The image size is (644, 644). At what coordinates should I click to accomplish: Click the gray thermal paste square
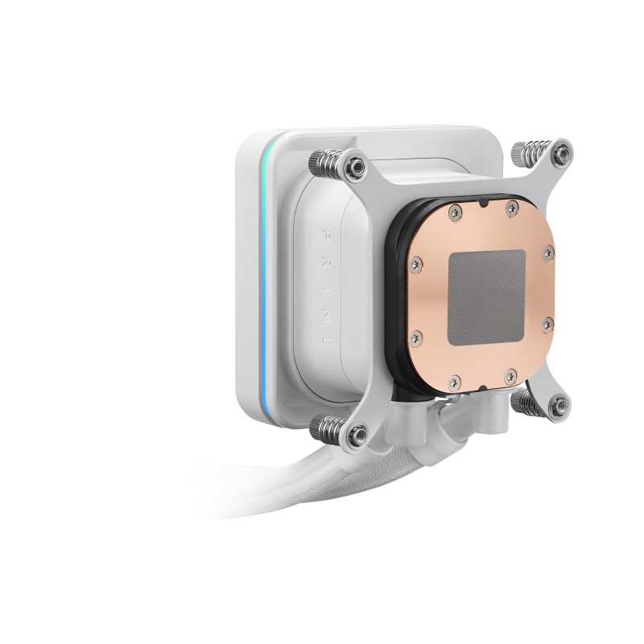pyautogui.click(x=488, y=298)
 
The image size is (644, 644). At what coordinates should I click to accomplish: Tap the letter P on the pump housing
pyautogui.click(x=327, y=234)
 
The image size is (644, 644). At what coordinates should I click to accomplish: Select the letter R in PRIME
pyautogui.click(x=327, y=261)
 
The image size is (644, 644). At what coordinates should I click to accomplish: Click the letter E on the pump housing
pyautogui.click(x=328, y=342)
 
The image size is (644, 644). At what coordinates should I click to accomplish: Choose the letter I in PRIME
pyautogui.click(x=327, y=287)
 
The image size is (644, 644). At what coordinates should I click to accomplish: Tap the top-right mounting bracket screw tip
pyautogui.click(x=561, y=153)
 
